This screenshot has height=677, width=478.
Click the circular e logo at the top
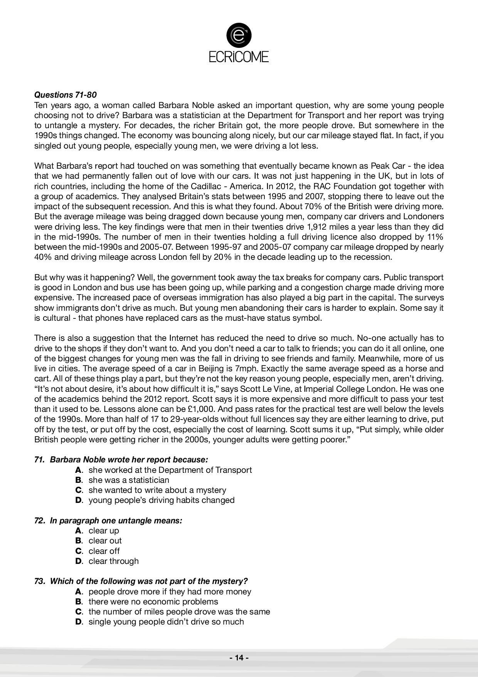[x=239, y=35]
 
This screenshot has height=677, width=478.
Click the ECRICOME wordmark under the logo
[x=239, y=57]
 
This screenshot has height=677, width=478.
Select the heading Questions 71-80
[x=66, y=95]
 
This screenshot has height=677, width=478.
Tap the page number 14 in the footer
[x=239, y=658]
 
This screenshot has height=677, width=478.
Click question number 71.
[x=40, y=460]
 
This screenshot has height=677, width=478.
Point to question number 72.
[x=40, y=520]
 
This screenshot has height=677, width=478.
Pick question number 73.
[x=40, y=581]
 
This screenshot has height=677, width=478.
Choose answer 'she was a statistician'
[x=129, y=480]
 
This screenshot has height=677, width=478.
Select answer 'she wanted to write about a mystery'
[x=157, y=490]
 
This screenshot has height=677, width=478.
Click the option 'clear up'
[x=104, y=530]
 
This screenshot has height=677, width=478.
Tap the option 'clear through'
[x=113, y=561]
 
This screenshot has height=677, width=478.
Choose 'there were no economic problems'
[x=153, y=601]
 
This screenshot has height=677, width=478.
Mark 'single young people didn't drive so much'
[x=166, y=621]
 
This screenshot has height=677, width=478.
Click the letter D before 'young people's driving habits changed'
[x=79, y=500]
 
